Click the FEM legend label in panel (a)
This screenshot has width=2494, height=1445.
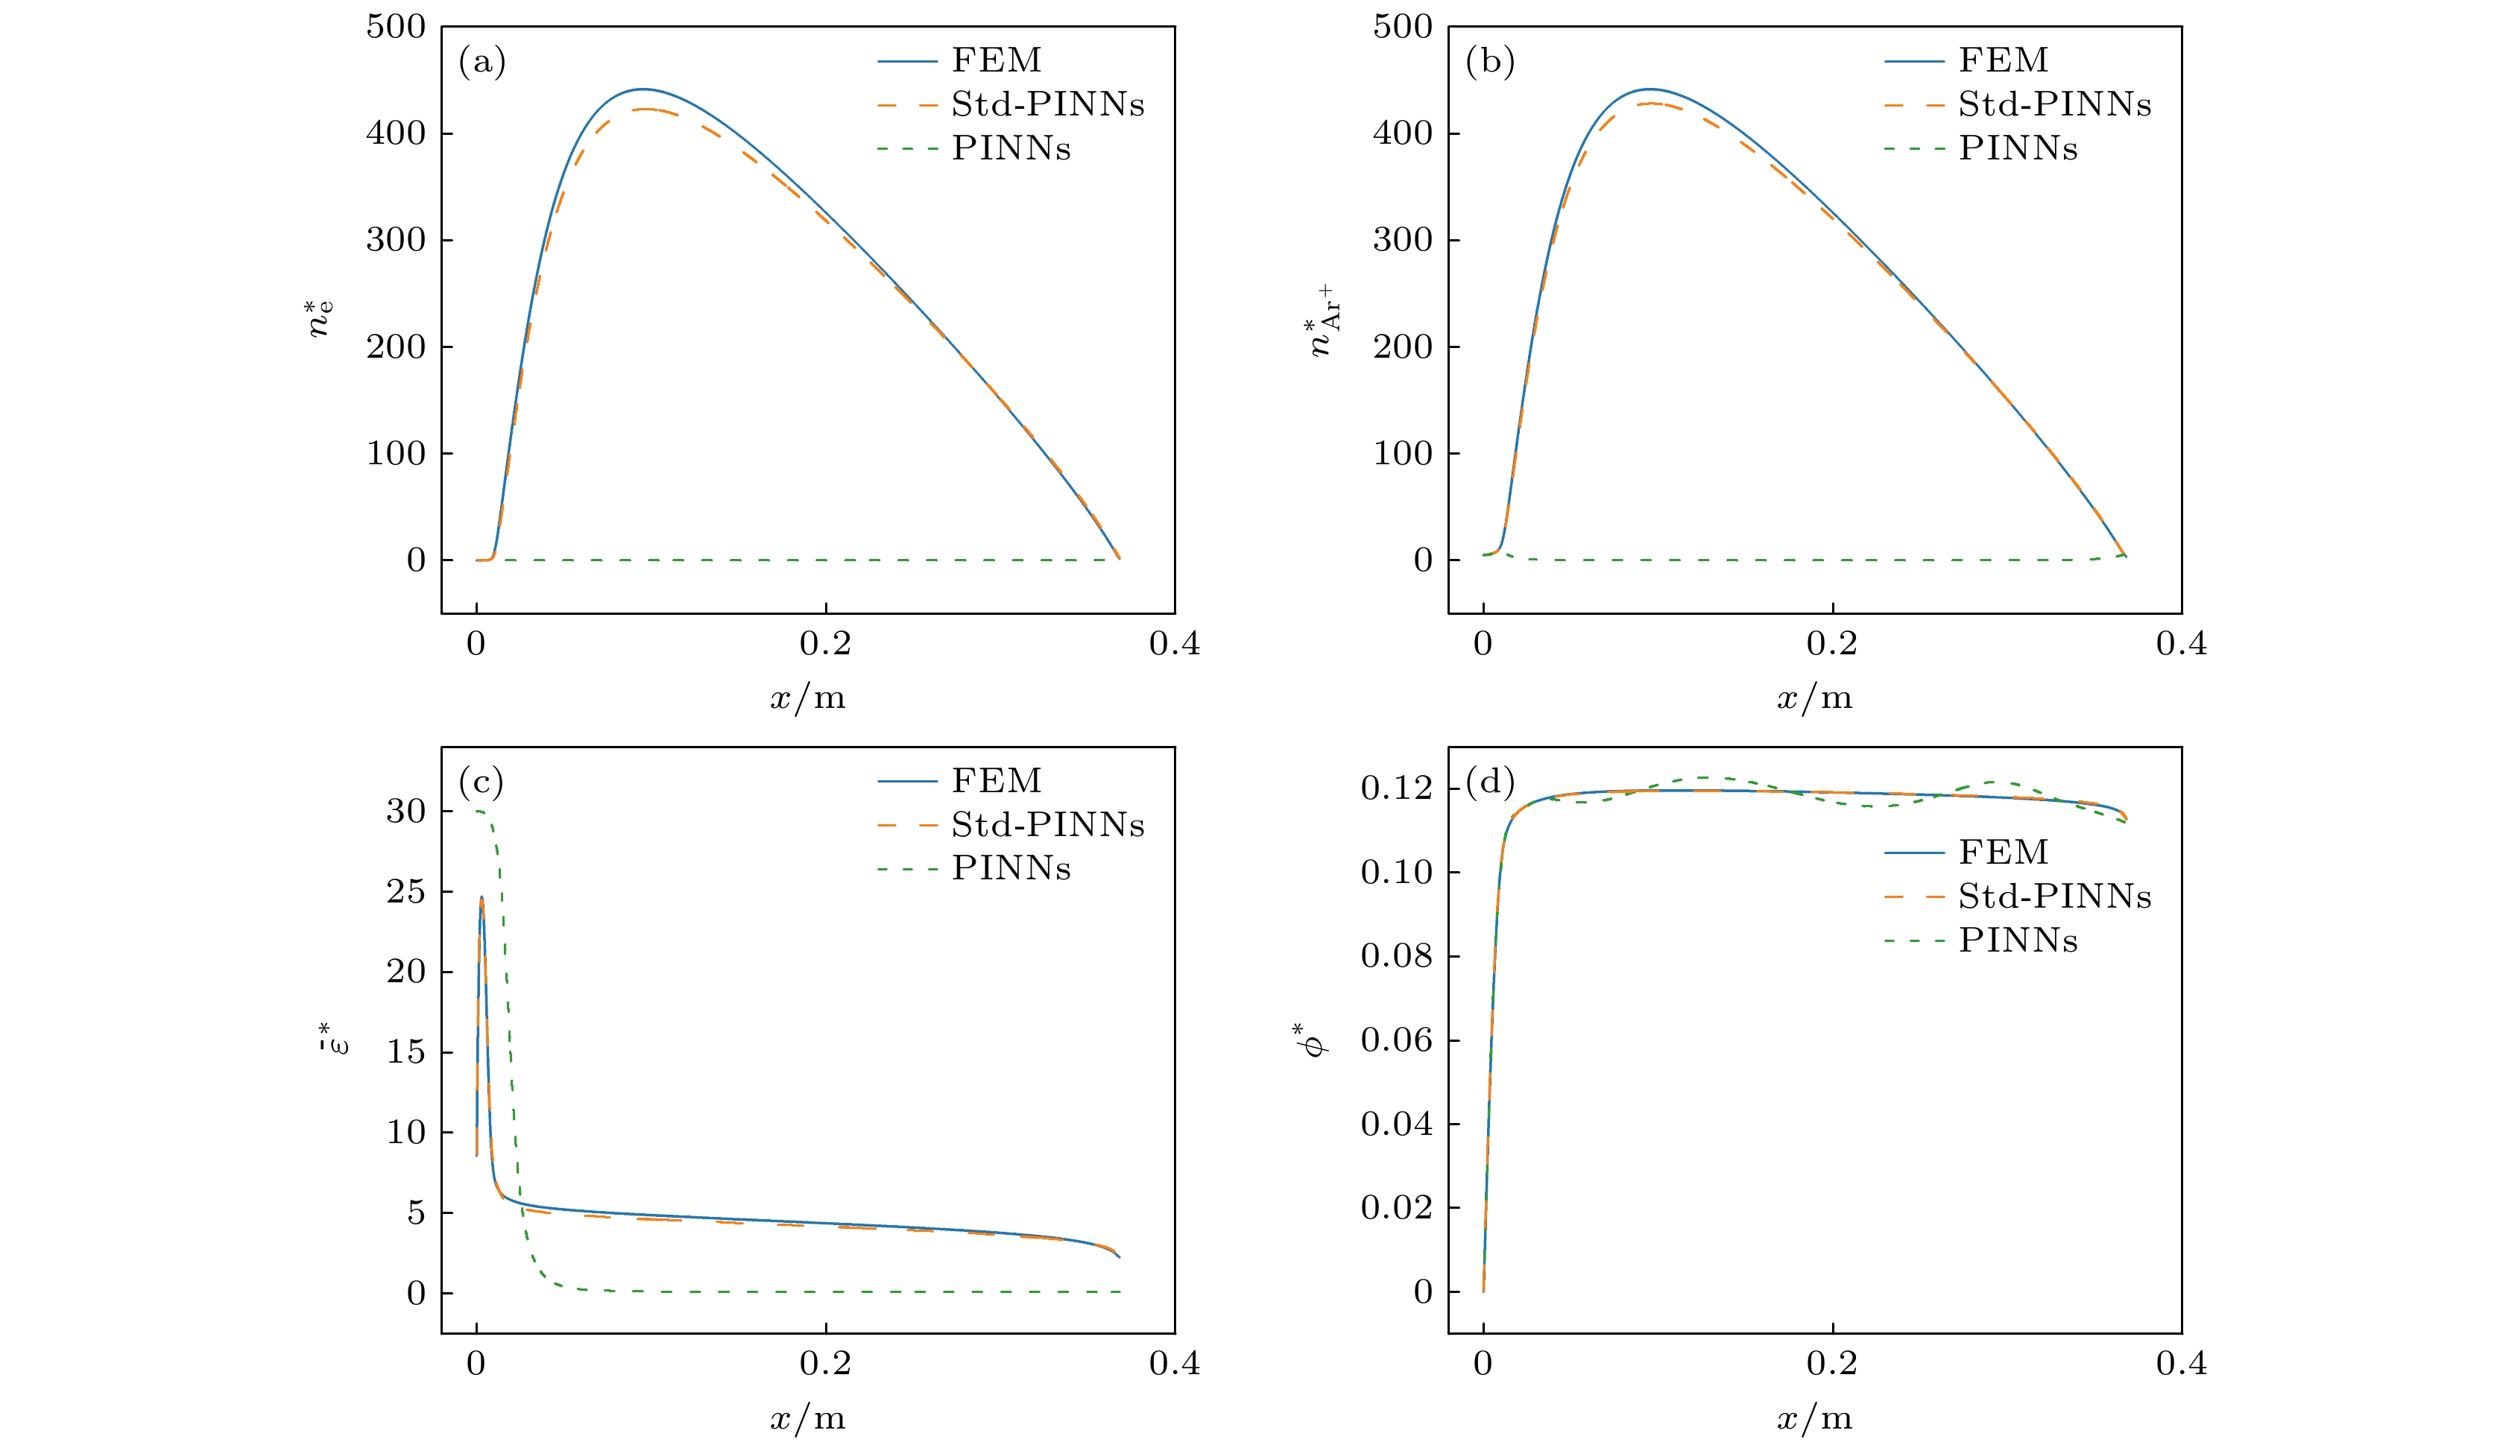tap(997, 60)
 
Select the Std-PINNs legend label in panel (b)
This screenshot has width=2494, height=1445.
tap(2054, 104)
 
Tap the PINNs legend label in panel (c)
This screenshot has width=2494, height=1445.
tap(1011, 868)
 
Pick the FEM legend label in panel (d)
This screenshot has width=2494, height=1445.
tap(2003, 852)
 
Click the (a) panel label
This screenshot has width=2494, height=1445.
tap(482, 63)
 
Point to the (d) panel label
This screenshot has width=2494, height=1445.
tap(1489, 783)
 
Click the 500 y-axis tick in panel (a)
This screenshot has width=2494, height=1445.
tap(395, 27)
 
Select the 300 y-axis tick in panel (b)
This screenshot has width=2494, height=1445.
tap(1401, 239)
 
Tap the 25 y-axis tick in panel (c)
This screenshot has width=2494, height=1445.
tap(405, 892)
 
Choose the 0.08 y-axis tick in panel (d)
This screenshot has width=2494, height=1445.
tap(1395, 956)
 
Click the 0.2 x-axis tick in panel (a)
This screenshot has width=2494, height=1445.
tap(825, 645)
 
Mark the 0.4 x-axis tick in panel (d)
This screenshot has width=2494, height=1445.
tap(2181, 1365)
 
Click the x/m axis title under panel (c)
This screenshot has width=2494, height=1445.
tap(807, 1419)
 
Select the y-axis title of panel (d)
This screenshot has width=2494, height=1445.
tap(1314, 1040)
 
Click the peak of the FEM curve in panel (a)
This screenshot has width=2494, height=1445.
tap(643, 89)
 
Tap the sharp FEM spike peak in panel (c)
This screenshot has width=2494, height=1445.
tap(481, 898)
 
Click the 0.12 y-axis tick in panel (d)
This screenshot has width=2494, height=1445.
tap(1395, 788)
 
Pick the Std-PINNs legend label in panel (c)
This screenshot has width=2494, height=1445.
tap(1047, 824)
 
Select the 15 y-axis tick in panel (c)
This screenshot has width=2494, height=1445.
tap(405, 1052)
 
